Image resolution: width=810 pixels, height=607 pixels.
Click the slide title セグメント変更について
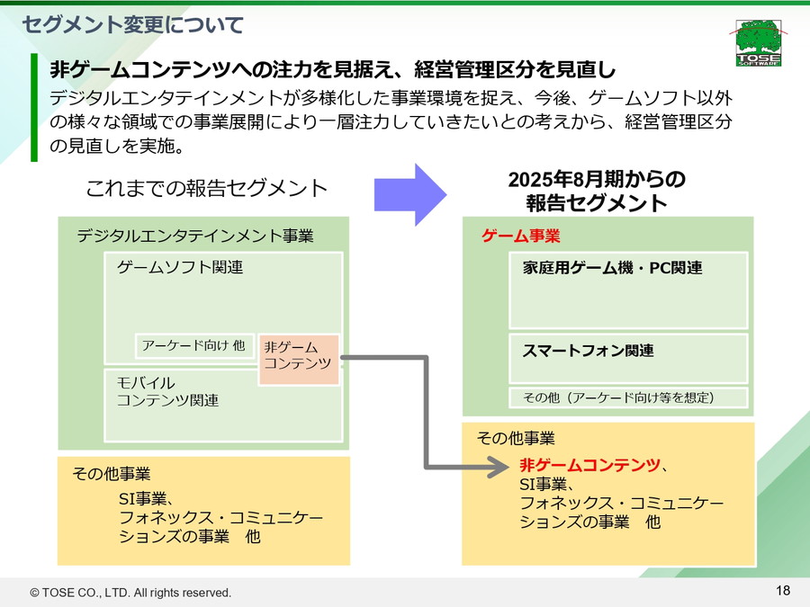(x=133, y=24)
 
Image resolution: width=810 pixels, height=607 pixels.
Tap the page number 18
(x=782, y=590)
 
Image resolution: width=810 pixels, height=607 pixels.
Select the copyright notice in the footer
(x=131, y=593)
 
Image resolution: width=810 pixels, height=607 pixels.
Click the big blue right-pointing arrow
(x=410, y=194)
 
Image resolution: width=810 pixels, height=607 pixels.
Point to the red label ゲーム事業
(x=521, y=237)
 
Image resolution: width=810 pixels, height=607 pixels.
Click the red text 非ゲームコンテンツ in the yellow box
(x=589, y=465)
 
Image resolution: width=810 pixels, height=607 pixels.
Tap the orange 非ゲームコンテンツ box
(x=298, y=356)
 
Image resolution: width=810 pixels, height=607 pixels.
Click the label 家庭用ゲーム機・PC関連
(x=612, y=268)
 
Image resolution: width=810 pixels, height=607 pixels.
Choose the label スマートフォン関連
(x=588, y=351)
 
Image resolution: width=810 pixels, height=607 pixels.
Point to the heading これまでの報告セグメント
(x=206, y=189)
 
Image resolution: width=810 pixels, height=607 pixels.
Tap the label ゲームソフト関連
(x=180, y=268)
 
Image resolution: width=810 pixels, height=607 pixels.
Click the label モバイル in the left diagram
(x=145, y=383)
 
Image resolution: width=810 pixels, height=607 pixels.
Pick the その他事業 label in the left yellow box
(x=112, y=474)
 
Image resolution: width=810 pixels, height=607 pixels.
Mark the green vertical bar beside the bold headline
(x=34, y=106)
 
